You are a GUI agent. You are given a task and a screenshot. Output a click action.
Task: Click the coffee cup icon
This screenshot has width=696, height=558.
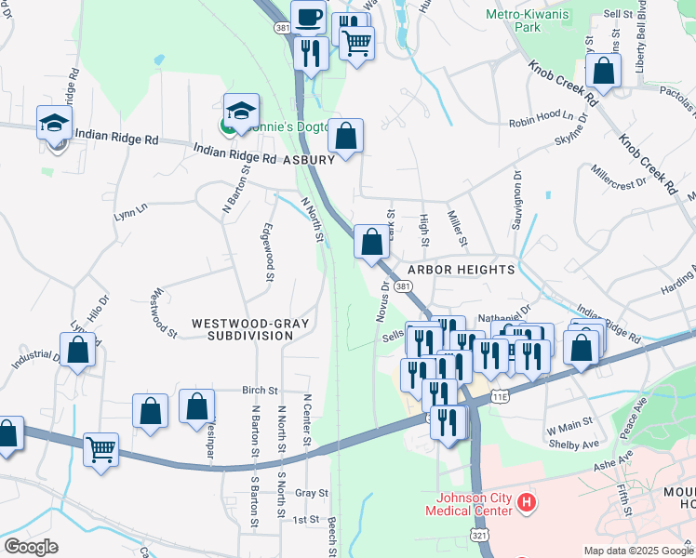[x=308, y=16]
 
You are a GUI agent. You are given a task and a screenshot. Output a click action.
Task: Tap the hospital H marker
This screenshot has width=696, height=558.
[x=528, y=504]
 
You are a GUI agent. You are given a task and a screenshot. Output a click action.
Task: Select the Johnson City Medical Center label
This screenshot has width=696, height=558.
[x=468, y=504]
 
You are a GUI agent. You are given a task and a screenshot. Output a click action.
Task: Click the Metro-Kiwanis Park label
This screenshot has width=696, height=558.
[x=526, y=20]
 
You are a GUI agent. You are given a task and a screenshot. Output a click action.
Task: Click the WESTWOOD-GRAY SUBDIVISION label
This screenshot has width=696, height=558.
[x=249, y=329]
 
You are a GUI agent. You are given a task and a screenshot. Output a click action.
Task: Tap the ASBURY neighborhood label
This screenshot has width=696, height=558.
[x=308, y=160]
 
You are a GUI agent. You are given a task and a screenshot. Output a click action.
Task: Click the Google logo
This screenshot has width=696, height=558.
[x=31, y=546]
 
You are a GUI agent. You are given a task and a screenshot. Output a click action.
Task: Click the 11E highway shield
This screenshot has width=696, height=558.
[x=502, y=396]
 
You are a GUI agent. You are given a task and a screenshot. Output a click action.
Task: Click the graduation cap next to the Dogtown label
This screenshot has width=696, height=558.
[x=240, y=109]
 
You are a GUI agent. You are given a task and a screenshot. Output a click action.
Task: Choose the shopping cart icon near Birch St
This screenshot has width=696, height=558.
[x=101, y=449]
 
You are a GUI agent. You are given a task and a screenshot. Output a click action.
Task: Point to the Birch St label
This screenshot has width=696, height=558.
[x=261, y=391]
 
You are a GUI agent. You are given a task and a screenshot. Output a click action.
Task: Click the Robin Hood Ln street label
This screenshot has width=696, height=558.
[x=536, y=123]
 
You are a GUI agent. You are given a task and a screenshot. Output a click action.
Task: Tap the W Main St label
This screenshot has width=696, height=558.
[x=569, y=430]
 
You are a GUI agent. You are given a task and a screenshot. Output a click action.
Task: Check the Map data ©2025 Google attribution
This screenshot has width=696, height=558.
[x=638, y=551]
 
